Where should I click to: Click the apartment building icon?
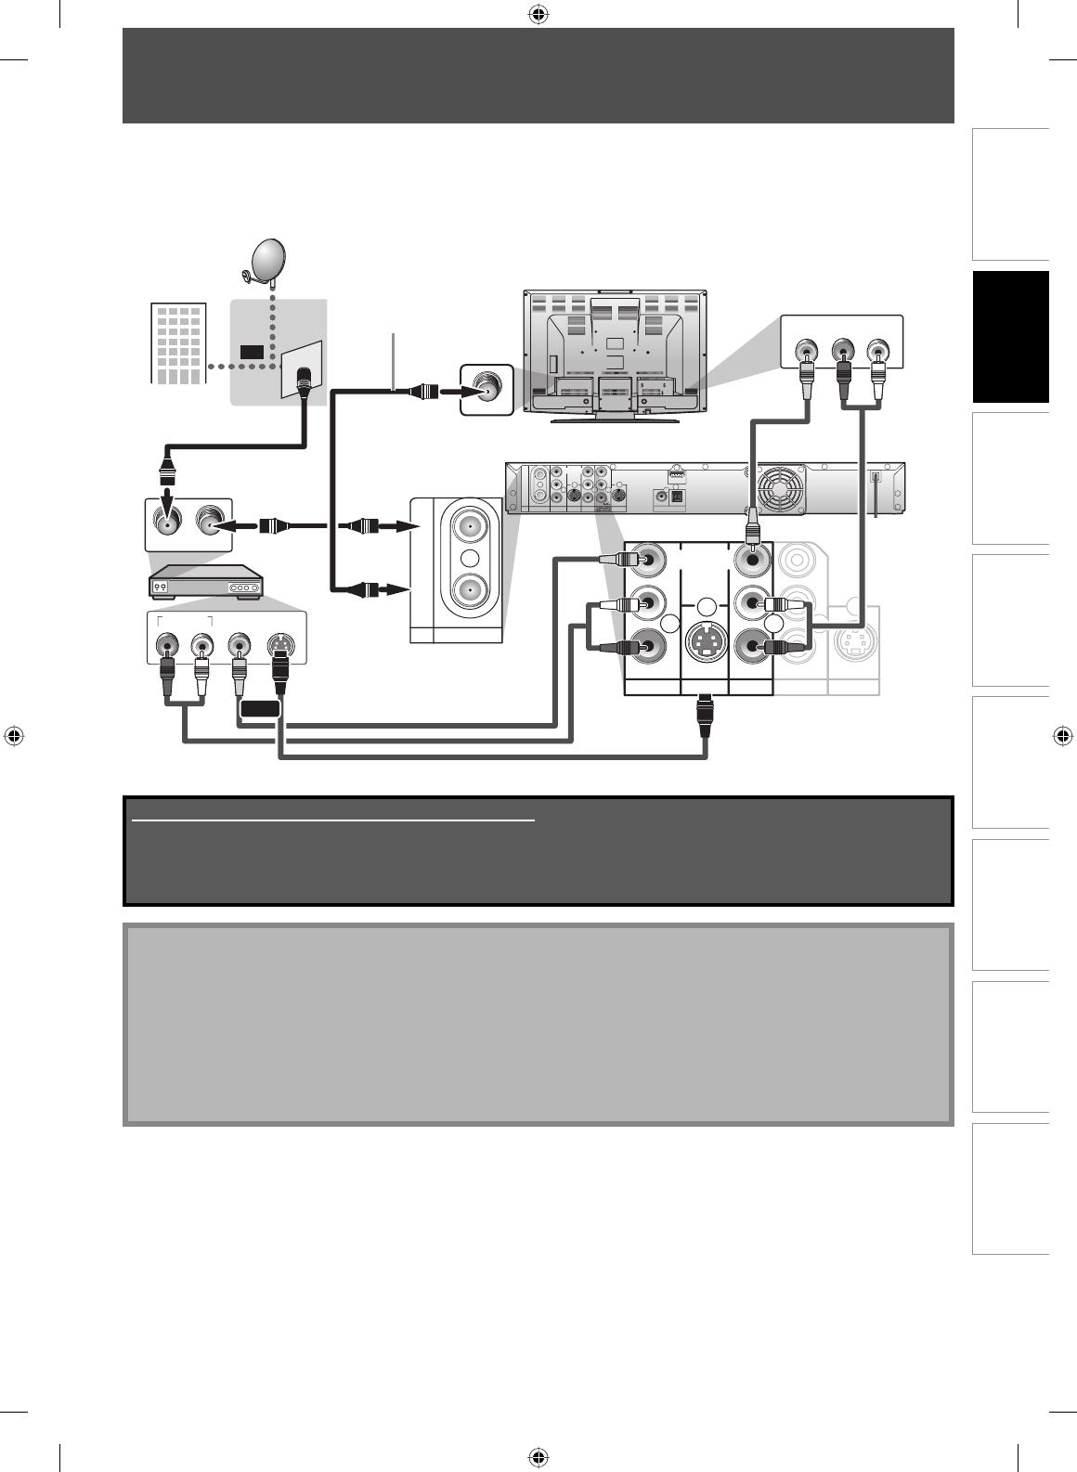pos(176,342)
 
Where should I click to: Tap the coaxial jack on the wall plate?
pos(303,378)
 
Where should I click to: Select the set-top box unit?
pos(207,583)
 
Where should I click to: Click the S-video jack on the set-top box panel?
pos(279,643)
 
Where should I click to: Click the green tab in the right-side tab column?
pos(1011,337)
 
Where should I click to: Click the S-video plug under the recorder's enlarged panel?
pos(706,717)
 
